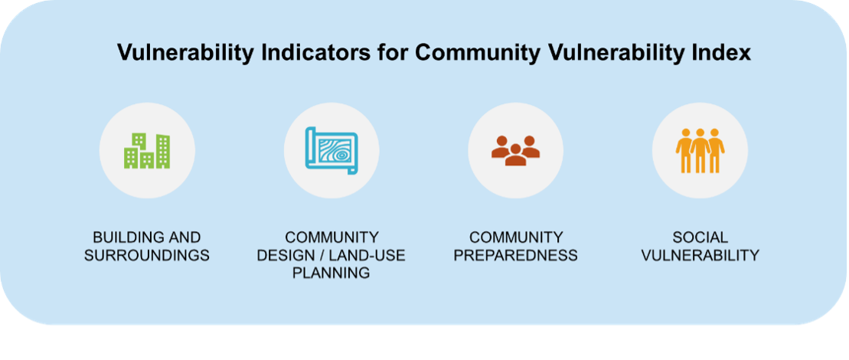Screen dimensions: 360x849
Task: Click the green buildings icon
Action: click(x=147, y=150)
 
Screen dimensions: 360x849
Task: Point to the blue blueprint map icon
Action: click(x=331, y=150)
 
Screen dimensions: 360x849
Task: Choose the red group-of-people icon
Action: click(x=515, y=150)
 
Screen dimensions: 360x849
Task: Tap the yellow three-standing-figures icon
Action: click(x=700, y=150)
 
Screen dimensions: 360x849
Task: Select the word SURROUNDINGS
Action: click(x=147, y=255)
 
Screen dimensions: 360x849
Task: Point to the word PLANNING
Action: click(x=331, y=273)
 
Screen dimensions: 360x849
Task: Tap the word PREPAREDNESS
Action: click(x=515, y=255)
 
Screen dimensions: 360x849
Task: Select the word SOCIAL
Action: click(x=700, y=237)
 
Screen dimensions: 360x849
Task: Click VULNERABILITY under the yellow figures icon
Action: click(x=700, y=255)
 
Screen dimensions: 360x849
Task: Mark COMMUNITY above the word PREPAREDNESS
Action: click(x=515, y=237)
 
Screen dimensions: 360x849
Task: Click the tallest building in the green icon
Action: click(x=163, y=151)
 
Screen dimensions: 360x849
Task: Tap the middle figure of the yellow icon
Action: click(x=700, y=150)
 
